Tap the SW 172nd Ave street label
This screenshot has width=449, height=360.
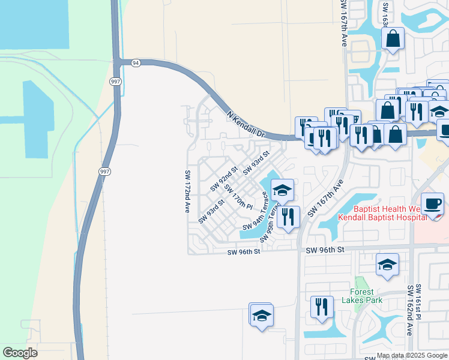point(187,191)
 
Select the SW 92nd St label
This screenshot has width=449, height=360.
point(224,179)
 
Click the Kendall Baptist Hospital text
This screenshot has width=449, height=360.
point(382,217)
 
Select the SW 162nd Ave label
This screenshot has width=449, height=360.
point(409,319)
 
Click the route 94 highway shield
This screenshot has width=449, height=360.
point(136,62)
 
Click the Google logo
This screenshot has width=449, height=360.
point(20,353)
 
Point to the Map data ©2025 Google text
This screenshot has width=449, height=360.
point(411,355)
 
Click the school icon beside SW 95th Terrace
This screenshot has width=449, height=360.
point(282,190)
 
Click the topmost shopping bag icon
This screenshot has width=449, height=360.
point(393,38)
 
